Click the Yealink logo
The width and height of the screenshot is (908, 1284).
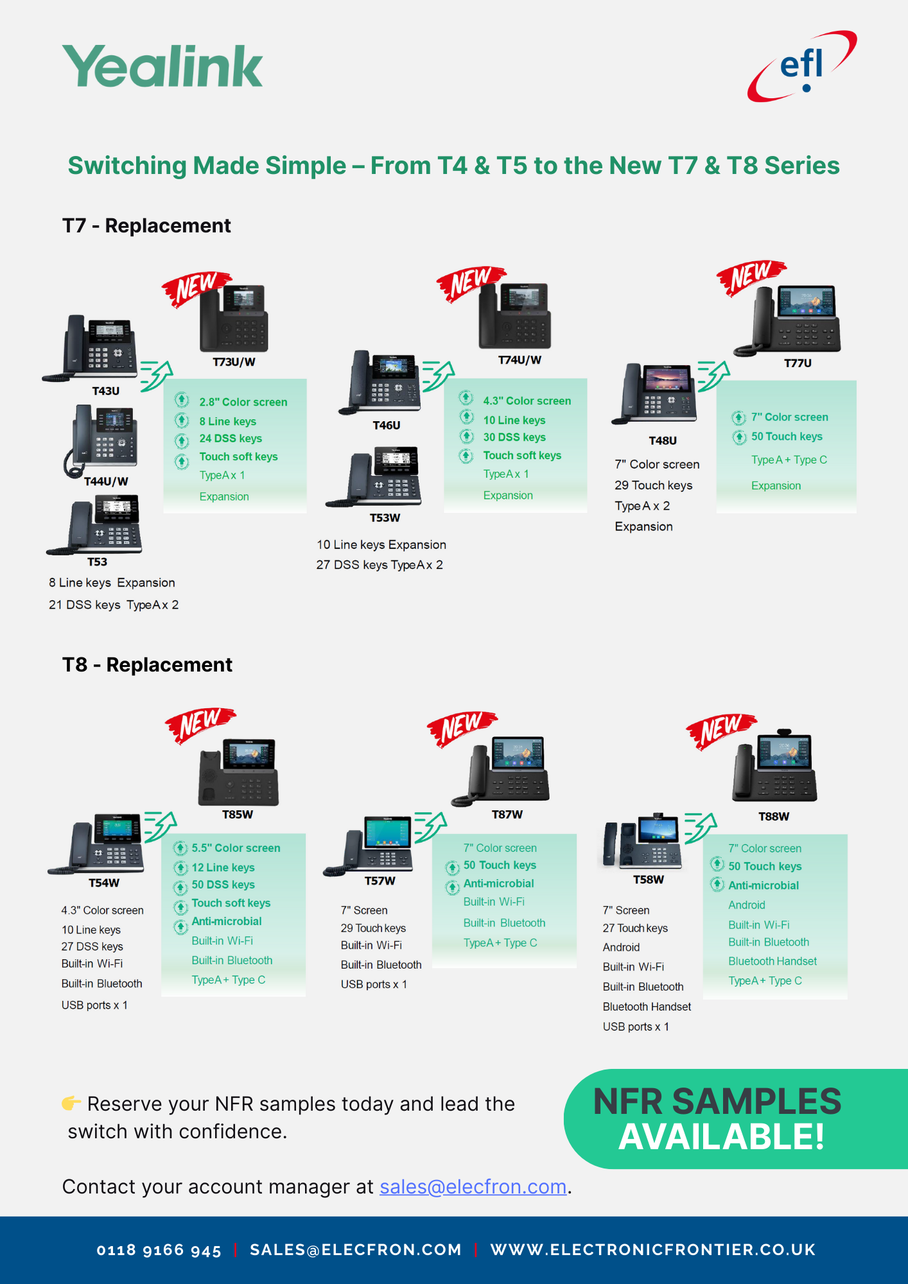[x=162, y=65]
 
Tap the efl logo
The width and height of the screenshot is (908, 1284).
[x=801, y=65]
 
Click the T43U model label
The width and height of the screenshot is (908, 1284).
[x=106, y=391]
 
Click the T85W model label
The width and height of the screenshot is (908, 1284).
[x=238, y=814]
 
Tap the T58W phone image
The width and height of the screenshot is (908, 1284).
[x=640, y=842]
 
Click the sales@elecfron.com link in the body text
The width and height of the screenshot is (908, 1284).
[x=473, y=1187]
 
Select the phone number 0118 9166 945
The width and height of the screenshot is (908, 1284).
[x=159, y=1250]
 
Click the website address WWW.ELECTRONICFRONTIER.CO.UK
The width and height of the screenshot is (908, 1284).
[x=652, y=1249]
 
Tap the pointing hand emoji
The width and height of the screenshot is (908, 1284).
[x=71, y=1103]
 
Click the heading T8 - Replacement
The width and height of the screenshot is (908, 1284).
[x=147, y=664]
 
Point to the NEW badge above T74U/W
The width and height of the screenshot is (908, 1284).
[x=471, y=282]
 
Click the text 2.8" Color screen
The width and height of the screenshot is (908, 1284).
[x=243, y=402]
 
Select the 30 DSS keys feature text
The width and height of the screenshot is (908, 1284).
[x=514, y=437]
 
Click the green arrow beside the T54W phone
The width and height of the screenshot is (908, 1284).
[x=160, y=827]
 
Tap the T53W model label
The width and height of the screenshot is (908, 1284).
[x=385, y=518]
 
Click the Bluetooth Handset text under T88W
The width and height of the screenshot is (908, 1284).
[x=773, y=961]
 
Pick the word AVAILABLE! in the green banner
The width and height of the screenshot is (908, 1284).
[x=722, y=1137]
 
